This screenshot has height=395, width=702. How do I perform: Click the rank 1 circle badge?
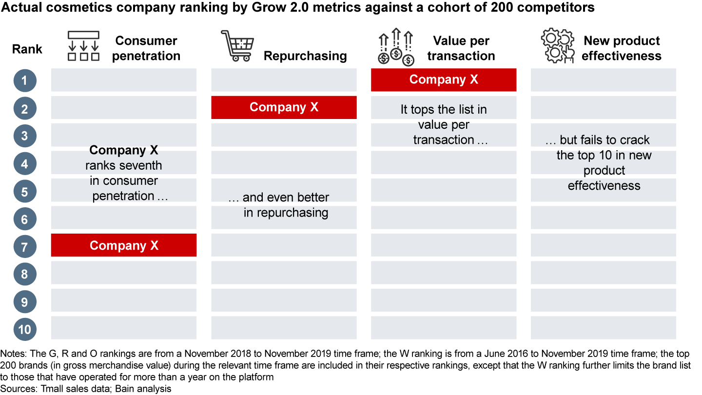25,80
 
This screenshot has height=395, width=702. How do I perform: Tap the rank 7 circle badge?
25,246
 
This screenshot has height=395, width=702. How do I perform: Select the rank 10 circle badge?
25,329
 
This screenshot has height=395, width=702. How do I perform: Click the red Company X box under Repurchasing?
284,107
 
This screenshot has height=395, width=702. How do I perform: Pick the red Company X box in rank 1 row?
444,79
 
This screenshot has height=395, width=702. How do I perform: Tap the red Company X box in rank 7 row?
124,245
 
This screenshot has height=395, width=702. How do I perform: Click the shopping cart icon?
237,46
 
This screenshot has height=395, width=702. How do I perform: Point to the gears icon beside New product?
558,47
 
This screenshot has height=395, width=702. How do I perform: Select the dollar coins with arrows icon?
396,47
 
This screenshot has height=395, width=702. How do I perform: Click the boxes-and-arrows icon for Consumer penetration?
83,46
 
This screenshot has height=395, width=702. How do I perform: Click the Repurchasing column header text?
305,56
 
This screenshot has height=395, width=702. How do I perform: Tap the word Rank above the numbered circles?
27,49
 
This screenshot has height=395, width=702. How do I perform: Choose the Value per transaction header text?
461,48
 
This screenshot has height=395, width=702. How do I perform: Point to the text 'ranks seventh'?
124,165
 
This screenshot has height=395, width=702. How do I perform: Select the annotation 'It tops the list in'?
444,110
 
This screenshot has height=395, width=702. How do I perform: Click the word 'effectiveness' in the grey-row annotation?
604,186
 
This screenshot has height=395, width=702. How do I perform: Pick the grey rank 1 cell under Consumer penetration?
124,80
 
